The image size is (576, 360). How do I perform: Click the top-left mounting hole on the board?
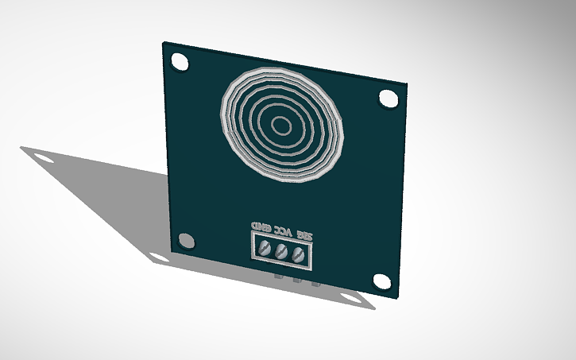pyautogui.click(x=180, y=61)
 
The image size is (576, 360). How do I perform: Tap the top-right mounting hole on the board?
pyautogui.click(x=388, y=98)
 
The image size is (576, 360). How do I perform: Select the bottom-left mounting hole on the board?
pyautogui.click(x=186, y=240)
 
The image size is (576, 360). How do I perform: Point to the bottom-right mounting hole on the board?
pyautogui.click(x=382, y=281)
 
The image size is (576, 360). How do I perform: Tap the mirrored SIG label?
pyautogui.click(x=303, y=234)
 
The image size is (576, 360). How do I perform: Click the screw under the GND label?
pyautogui.click(x=264, y=250)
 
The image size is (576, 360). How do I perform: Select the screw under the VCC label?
pyautogui.click(x=281, y=253)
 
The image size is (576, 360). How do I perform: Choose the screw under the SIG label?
pyautogui.click(x=299, y=256)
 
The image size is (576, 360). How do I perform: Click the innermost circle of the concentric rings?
pyautogui.click(x=281, y=125)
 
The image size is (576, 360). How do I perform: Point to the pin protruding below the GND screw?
pyautogui.click(x=276, y=277)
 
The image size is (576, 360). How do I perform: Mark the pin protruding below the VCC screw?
pyautogui.click(x=296, y=281)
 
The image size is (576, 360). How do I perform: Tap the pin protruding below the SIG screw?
pyautogui.click(x=315, y=283)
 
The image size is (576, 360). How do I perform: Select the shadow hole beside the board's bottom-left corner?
pyautogui.click(x=157, y=257)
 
